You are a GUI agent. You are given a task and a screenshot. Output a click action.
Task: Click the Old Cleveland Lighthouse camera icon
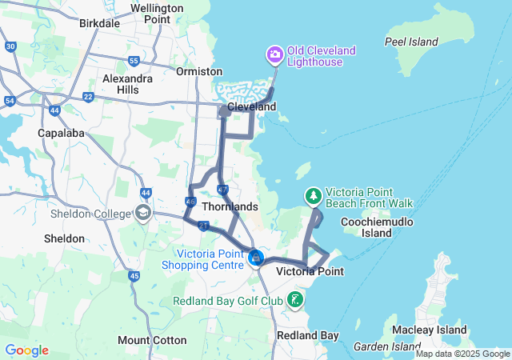[x=274, y=55]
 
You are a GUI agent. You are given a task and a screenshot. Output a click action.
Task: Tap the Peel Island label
[x=411, y=42]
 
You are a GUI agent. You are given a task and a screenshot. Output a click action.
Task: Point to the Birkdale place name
[x=100, y=23]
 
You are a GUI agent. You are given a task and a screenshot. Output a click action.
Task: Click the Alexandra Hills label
[x=127, y=84]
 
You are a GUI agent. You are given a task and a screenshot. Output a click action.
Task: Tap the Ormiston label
[x=198, y=71]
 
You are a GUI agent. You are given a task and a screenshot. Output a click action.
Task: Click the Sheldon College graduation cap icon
[x=142, y=214]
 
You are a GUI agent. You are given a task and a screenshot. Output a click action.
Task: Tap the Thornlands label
[x=230, y=206]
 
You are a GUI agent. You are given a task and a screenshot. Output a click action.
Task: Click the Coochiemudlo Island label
[x=377, y=227]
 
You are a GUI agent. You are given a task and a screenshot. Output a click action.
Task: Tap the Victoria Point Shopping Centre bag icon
[x=255, y=258]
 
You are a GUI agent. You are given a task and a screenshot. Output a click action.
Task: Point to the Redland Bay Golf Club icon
[x=295, y=301]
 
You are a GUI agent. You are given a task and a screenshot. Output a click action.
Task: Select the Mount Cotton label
[x=152, y=339]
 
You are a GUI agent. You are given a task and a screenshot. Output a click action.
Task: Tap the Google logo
[x=26, y=350]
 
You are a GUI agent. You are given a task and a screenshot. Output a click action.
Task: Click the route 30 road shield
[x=10, y=46]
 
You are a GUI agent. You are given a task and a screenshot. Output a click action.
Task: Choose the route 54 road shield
[x=10, y=101]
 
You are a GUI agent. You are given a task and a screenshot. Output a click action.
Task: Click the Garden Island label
[x=382, y=347]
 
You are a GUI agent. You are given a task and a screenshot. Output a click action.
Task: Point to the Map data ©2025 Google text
[x=462, y=354]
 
